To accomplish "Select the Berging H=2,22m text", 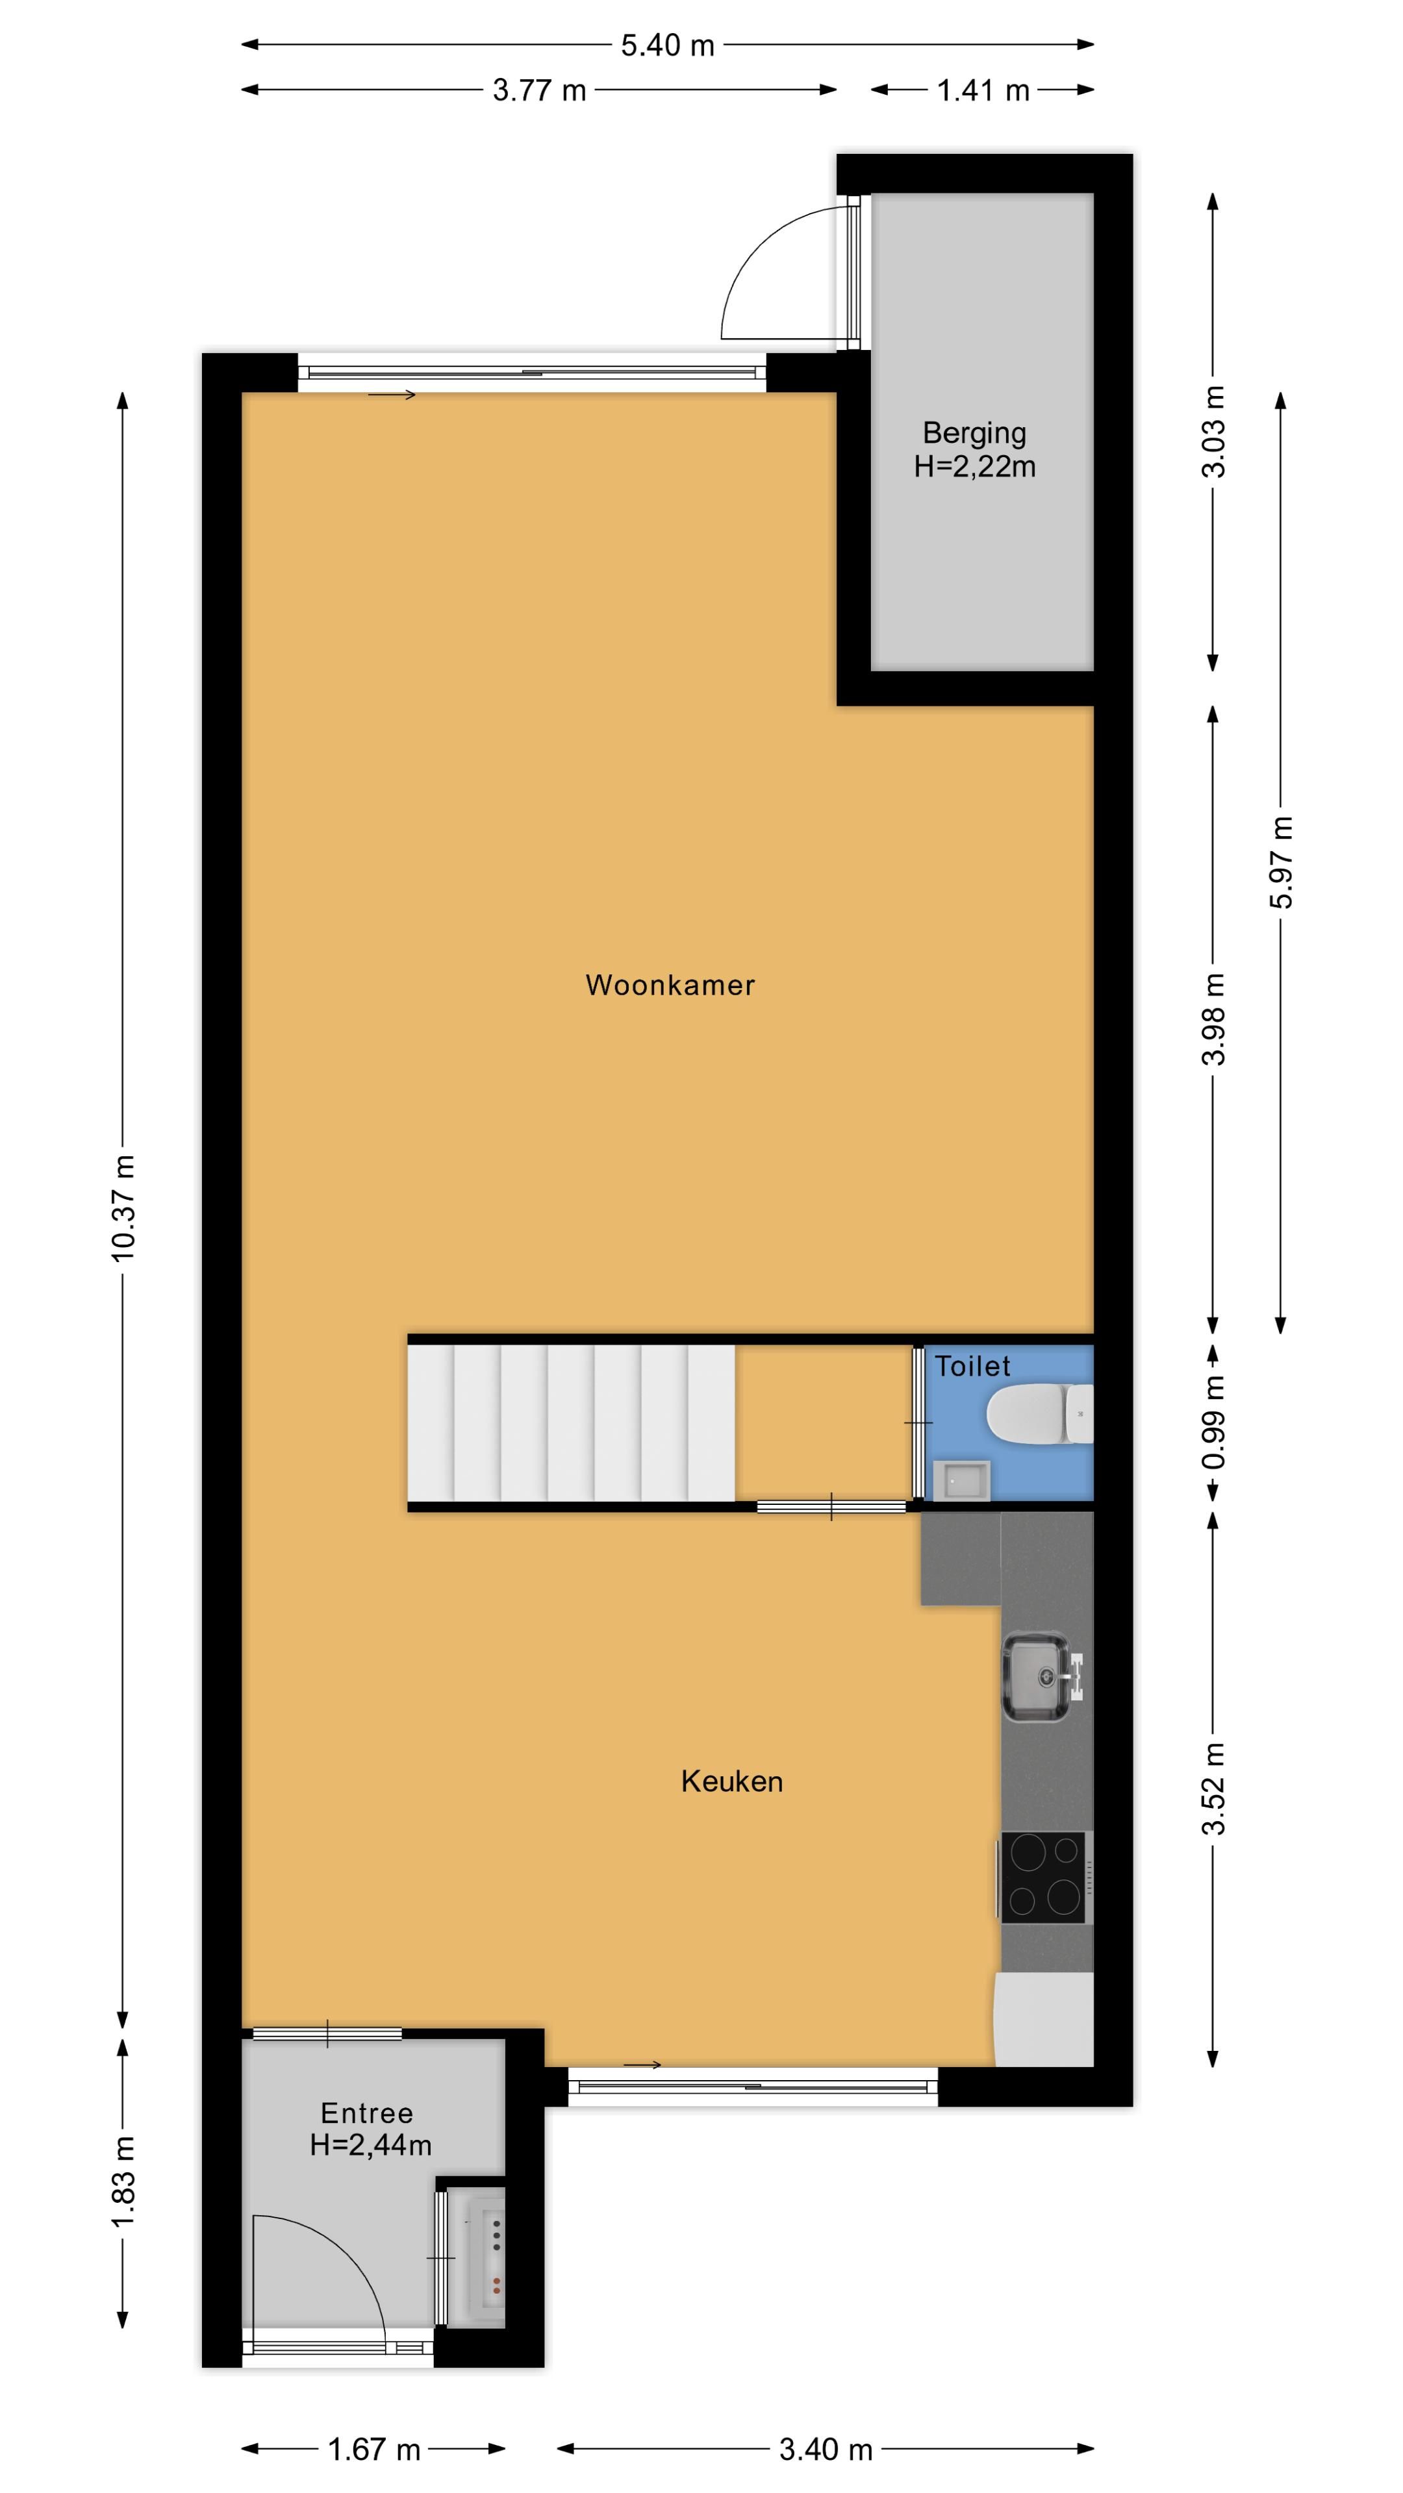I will [x=974, y=450].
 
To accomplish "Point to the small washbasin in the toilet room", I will [x=961, y=1479].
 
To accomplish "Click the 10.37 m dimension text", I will [x=123, y=1207].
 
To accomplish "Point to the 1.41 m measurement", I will [x=982, y=91].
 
